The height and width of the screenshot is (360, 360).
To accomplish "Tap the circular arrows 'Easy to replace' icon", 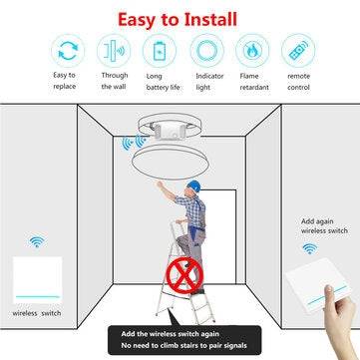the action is coord(68,51).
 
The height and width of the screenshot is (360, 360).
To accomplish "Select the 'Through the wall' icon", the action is coord(114,51).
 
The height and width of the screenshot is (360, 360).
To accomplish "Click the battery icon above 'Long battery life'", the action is coord(160,51).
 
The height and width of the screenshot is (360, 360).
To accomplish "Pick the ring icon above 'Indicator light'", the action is coord(206,51).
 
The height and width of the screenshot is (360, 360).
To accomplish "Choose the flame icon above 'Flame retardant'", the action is coord(252,51).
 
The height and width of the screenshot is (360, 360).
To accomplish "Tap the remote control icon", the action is coord(298,51).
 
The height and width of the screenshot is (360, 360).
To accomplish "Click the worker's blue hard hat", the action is coord(193,185).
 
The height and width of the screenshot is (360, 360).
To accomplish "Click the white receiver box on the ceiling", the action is coord(171,130).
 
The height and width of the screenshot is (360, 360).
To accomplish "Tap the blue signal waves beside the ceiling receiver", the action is coord(135,143).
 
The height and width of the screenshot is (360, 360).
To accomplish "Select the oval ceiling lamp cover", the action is coord(171,164).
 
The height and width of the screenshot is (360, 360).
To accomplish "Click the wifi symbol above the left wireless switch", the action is coord(37,241).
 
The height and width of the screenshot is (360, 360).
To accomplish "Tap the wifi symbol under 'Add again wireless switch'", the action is coord(310,248).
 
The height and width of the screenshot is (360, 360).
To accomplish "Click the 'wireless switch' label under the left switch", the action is coord(37,313).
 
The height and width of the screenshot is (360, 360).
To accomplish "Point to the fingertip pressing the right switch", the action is coord(329,289).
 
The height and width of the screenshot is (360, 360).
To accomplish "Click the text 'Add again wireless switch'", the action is coord(324,226).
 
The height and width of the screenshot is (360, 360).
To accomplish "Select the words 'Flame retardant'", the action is coord(254,82).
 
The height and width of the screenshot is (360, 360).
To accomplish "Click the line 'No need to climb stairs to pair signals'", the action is coord(183,345).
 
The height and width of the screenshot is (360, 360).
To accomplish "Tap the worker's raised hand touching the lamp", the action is coord(160,184).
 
